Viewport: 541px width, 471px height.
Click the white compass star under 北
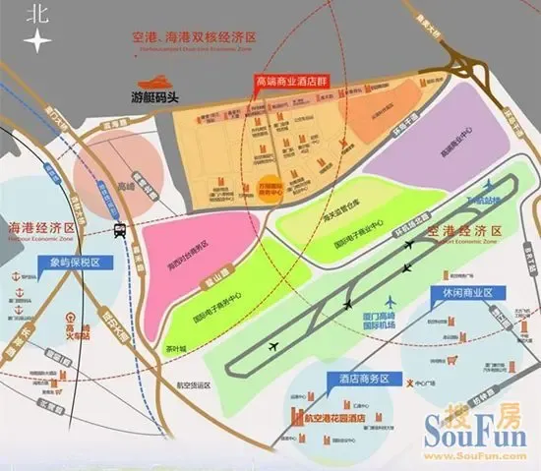click(x=37, y=41)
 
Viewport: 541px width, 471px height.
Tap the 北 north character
click(x=37, y=13)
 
